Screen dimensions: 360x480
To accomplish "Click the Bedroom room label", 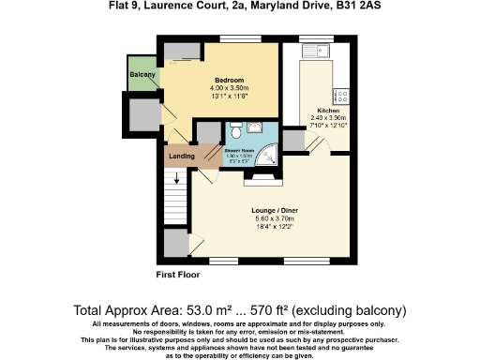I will [x=230, y=80].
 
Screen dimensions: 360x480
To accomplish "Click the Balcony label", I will [x=142, y=73].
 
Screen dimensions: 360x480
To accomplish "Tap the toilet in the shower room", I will [x=233, y=129].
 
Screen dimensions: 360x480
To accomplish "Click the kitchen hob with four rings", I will [x=341, y=96].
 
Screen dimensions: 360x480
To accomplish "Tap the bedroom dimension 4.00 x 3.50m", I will [x=230, y=88].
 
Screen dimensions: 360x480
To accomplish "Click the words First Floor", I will [x=178, y=275].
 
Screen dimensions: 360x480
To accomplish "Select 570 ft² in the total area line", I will [x=292, y=309].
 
